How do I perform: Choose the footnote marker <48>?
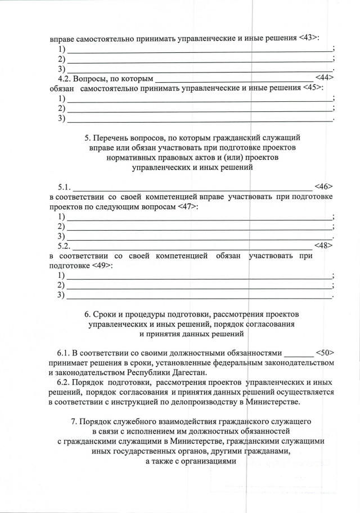[324, 245]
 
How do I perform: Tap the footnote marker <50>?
[325, 353]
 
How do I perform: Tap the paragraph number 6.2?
[65, 382]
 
